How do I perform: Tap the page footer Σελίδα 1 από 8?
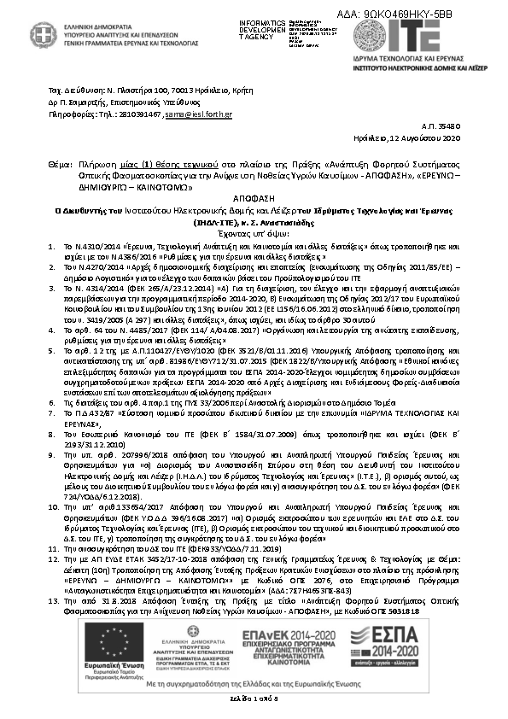click(254, 699)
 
